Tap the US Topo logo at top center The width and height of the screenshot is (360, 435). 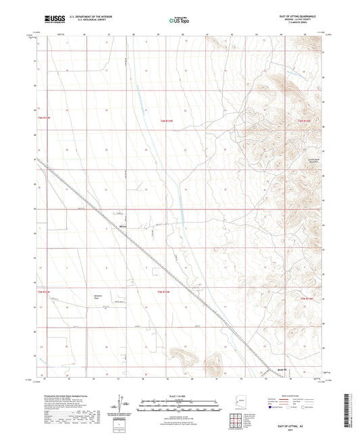pos(179,20)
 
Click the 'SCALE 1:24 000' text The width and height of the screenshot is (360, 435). pos(179,395)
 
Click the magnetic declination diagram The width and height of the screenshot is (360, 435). pos(124,405)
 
